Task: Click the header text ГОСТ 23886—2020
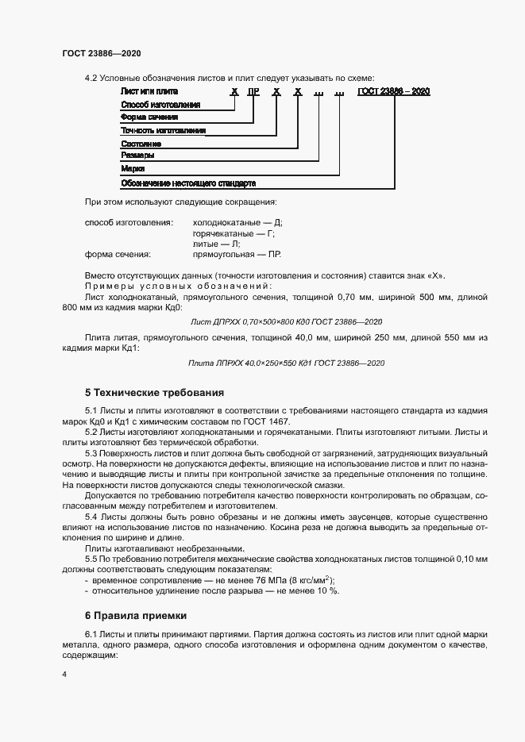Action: coord(102,53)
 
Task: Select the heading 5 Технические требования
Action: coord(154,392)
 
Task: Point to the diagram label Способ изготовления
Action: coord(160,105)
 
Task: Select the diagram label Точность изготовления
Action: coord(163,130)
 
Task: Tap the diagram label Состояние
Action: coord(141,144)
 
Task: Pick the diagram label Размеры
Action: coord(137,156)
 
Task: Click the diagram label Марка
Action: coord(132,169)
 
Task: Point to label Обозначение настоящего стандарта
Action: coord(187,183)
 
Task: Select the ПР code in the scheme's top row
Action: coord(253,92)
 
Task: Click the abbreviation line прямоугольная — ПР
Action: coord(237,255)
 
